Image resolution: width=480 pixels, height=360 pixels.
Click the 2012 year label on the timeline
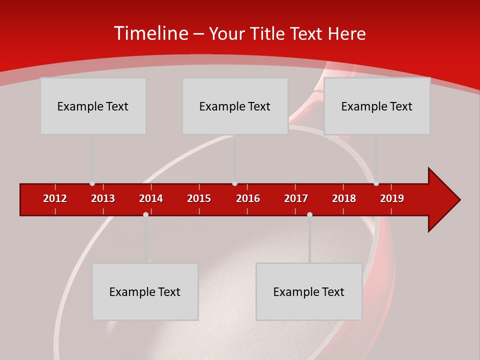click(x=55, y=198)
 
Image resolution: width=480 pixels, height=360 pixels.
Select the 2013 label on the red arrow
click(x=103, y=198)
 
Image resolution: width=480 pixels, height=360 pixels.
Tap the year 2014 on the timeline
click(x=151, y=198)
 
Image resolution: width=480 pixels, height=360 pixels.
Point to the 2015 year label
click(x=199, y=198)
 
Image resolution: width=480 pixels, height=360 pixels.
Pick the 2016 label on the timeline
click(x=248, y=198)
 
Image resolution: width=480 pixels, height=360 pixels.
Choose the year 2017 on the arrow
click(x=296, y=198)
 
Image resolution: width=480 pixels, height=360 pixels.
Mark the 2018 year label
click(x=344, y=198)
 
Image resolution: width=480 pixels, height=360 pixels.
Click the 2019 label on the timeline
click(x=392, y=198)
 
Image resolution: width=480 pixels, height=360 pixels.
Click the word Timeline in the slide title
click(x=151, y=33)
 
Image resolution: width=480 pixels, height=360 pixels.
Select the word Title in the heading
click(x=269, y=33)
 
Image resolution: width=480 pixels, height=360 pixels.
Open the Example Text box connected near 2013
click(x=93, y=106)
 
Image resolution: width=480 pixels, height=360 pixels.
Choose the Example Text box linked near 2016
click(x=235, y=106)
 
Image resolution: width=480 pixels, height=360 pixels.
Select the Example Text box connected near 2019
click(x=377, y=106)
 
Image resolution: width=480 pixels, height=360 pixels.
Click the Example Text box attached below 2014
click(x=145, y=291)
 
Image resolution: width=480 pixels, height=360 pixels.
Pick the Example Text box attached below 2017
click(x=309, y=291)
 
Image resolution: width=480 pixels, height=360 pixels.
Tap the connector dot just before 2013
click(x=92, y=183)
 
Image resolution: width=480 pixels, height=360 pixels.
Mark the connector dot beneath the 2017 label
click(x=309, y=214)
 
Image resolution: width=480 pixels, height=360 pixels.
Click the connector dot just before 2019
click(x=376, y=183)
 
